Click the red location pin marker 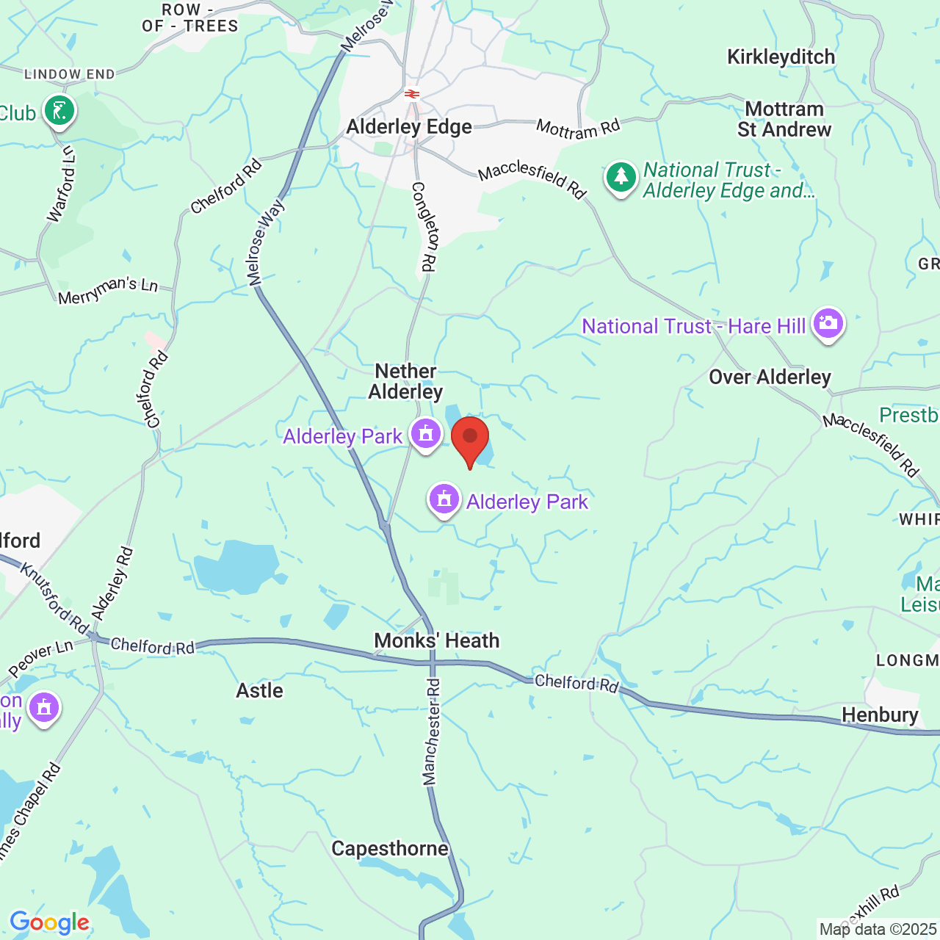470,438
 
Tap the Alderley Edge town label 409,127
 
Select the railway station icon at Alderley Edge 412,94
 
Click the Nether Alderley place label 406,381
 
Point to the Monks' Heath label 436,640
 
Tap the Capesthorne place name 390,848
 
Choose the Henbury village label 880,715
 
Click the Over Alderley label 770,377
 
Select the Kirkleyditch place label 781,57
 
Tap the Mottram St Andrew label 784,119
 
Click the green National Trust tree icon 621,178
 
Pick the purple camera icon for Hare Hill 828,323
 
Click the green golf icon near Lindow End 59,112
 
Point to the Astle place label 259,690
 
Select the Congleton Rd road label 424,227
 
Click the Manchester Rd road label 432,731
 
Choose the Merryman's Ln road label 108,290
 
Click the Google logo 49,922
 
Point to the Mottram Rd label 578,129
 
